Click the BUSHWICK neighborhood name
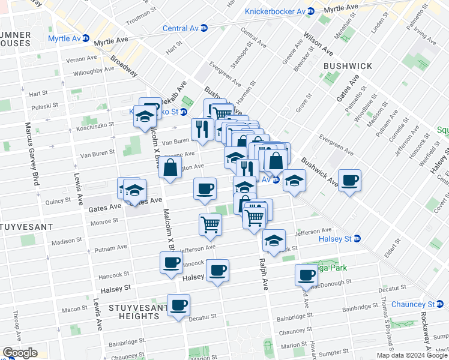(x=348, y=66)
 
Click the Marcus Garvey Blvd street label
(x=28, y=149)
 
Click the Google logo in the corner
(x=20, y=353)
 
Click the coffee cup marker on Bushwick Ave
(x=349, y=180)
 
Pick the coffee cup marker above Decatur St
(x=178, y=305)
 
